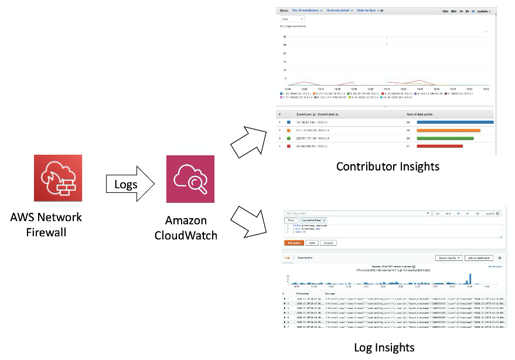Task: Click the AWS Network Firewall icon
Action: pyautogui.click(x=58, y=179)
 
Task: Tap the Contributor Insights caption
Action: pyautogui.click(x=387, y=167)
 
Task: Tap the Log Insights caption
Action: pyautogui.click(x=384, y=347)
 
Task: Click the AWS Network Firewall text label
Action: pyautogui.click(x=46, y=224)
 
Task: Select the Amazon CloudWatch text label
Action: pyautogui.click(x=186, y=228)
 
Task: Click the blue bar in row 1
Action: pyautogui.click(x=455, y=122)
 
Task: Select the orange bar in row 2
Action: pyautogui.click(x=448, y=130)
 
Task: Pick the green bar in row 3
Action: pyautogui.click(x=445, y=138)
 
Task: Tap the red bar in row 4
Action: pyautogui.click(x=439, y=146)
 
